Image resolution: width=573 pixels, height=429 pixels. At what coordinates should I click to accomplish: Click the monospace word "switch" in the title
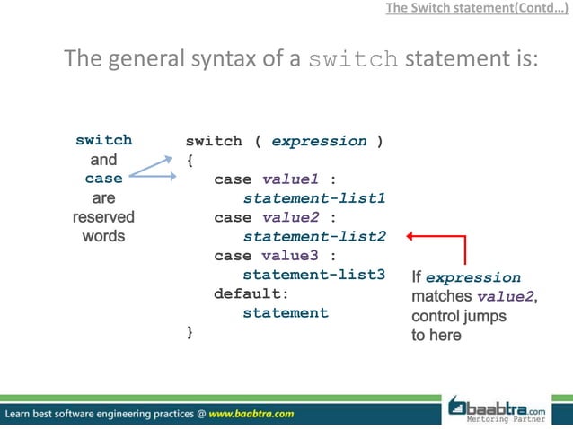pyautogui.click(x=354, y=61)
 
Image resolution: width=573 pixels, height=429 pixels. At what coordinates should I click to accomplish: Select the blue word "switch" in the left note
pyautogui.click(x=103, y=140)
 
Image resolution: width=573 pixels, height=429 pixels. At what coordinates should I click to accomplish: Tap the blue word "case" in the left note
pyautogui.click(x=103, y=179)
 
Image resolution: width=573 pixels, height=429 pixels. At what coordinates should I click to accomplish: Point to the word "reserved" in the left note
pyautogui.click(x=103, y=217)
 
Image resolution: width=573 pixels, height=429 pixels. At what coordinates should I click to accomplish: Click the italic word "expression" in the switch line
pyautogui.click(x=319, y=141)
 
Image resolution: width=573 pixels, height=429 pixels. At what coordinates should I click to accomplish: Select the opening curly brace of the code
pyautogui.click(x=190, y=161)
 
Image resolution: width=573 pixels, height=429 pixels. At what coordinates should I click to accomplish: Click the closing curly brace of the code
pyautogui.click(x=190, y=333)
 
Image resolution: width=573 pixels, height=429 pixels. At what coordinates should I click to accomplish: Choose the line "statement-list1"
pyautogui.click(x=314, y=198)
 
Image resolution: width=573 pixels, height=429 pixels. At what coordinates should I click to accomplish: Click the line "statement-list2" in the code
pyautogui.click(x=314, y=237)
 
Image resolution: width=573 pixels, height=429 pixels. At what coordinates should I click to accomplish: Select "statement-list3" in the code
pyautogui.click(x=314, y=275)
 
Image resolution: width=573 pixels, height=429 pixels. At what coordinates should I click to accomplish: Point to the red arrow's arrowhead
pyautogui.click(x=410, y=237)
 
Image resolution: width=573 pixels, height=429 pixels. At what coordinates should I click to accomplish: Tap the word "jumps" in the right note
pyautogui.click(x=485, y=316)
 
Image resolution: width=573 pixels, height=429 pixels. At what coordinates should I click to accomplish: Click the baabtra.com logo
pyautogui.click(x=507, y=408)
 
